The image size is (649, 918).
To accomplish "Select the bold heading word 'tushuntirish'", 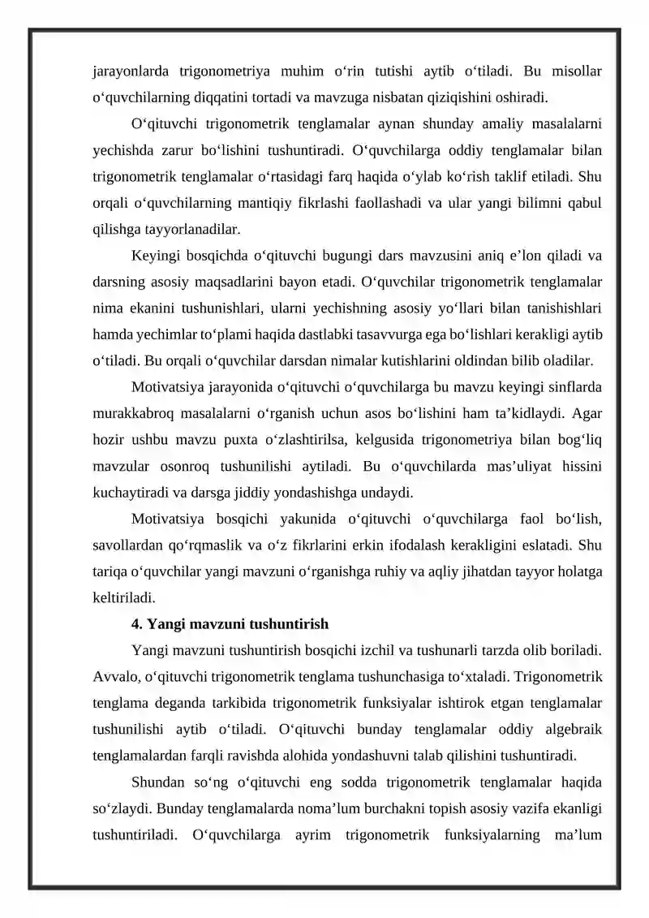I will tap(291, 624).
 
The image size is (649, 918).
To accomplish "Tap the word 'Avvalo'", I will tap(115, 676).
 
